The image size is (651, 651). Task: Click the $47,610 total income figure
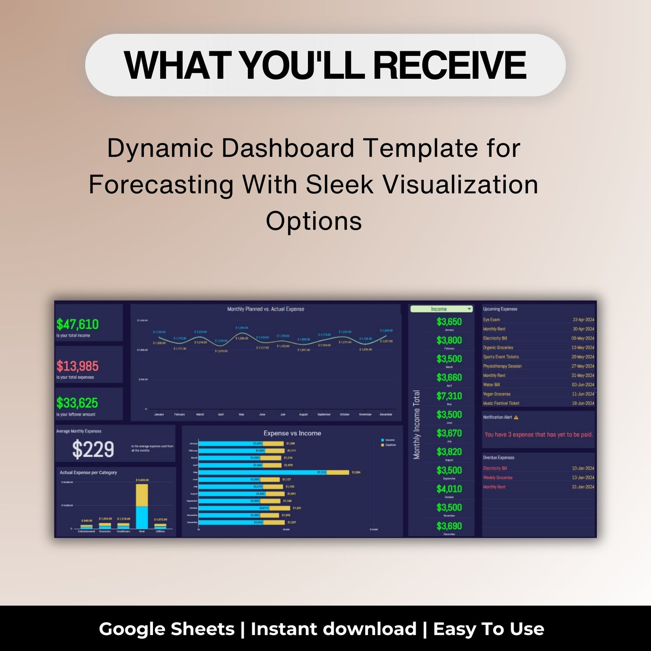pos(77,324)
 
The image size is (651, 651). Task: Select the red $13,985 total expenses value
pos(77,366)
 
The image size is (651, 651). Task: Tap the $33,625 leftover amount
pos(77,403)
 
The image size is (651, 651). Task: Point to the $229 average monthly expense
pos(93,449)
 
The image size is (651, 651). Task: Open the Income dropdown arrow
pos(469,309)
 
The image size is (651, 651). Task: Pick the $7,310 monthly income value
pos(449,396)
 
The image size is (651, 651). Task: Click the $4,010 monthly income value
pos(449,489)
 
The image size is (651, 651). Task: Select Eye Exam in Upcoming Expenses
pos(491,320)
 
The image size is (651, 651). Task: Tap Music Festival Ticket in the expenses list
pos(501,403)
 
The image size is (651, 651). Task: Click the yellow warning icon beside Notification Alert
pos(516,417)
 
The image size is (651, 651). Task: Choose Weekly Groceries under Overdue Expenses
pos(498,478)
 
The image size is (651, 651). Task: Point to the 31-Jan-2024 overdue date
pos(583,487)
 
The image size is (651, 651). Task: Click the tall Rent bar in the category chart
pos(142,507)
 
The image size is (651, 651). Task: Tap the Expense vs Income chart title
pos(292,433)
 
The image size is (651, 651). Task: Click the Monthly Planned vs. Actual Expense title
pos(266,309)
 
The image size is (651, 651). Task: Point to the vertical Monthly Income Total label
pos(417,424)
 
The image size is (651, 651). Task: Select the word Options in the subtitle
pos(314,221)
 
